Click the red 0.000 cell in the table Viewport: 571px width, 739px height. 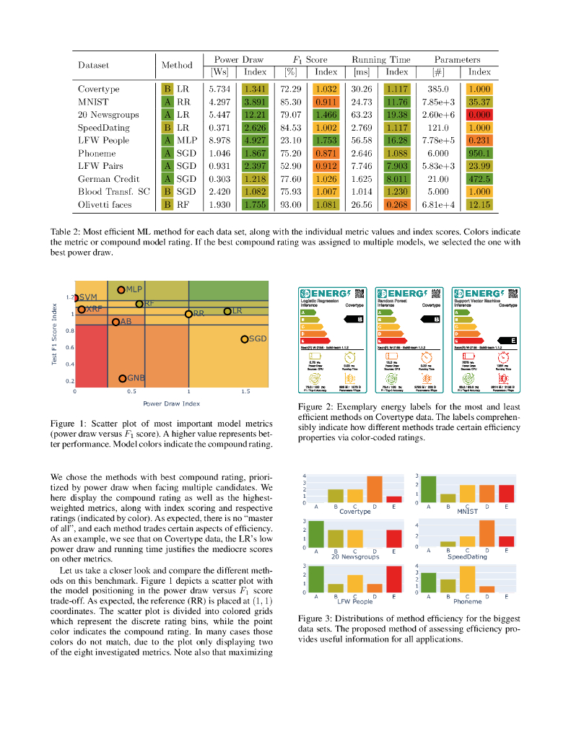pyautogui.click(x=479, y=115)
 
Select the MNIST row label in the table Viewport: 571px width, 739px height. pyautogui.click(x=93, y=102)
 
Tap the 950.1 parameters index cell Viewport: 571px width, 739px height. pyautogui.click(x=479, y=153)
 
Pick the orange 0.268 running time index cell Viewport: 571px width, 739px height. pyautogui.click(x=396, y=204)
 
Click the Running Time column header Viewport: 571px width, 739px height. pyautogui.click(x=380, y=59)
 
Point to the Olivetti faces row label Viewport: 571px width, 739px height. pyautogui.click(x=105, y=204)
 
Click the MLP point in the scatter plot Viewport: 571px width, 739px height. pyautogui.click(x=121, y=289)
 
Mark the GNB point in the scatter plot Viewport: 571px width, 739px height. pyautogui.click(x=123, y=378)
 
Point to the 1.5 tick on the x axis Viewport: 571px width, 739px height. pyautogui.click(x=245, y=391)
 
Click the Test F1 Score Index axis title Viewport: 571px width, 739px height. pyautogui.click(x=55, y=333)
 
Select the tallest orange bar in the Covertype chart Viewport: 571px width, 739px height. pyautogui.click(x=374, y=489)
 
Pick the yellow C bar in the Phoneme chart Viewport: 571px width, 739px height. pyautogui.click(x=467, y=579)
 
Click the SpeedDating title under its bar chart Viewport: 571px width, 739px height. pyautogui.click(x=467, y=557)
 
